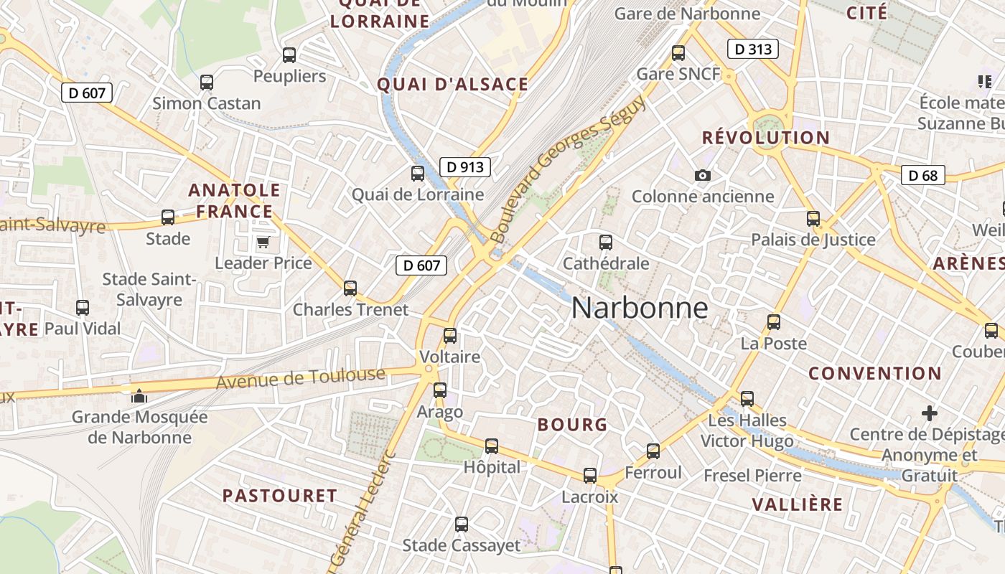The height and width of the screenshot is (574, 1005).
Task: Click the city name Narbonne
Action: click(x=640, y=308)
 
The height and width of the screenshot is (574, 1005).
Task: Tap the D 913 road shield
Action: click(x=464, y=167)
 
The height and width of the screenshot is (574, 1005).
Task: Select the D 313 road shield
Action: click(x=753, y=49)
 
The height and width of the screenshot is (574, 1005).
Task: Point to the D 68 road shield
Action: click(x=922, y=175)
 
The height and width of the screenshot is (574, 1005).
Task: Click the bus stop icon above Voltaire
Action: click(x=450, y=335)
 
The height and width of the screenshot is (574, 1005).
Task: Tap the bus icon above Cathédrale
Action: click(x=606, y=242)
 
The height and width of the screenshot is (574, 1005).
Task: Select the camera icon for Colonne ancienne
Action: click(x=703, y=175)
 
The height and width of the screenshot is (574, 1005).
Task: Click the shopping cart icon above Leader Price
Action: click(x=263, y=242)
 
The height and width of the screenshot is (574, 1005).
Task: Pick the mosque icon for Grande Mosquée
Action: click(x=139, y=395)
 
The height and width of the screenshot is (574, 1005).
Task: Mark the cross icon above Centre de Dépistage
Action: click(x=930, y=413)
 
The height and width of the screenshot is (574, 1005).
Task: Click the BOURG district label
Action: click(x=572, y=425)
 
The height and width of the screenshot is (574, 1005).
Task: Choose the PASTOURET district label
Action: click(x=279, y=496)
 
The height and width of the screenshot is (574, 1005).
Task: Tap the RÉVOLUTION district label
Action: click(x=765, y=138)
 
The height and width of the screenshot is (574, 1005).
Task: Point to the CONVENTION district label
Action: click(x=874, y=373)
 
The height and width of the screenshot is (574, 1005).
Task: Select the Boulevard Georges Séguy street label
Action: click(x=567, y=169)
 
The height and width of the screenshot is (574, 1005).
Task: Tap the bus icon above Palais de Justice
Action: click(x=813, y=218)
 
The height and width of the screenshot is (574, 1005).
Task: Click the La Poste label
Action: click(x=774, y=344)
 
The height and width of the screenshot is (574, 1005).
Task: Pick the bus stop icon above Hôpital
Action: click(x=492, y=446)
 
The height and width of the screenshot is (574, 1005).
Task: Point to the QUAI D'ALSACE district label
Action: click(x=453, y=85)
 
